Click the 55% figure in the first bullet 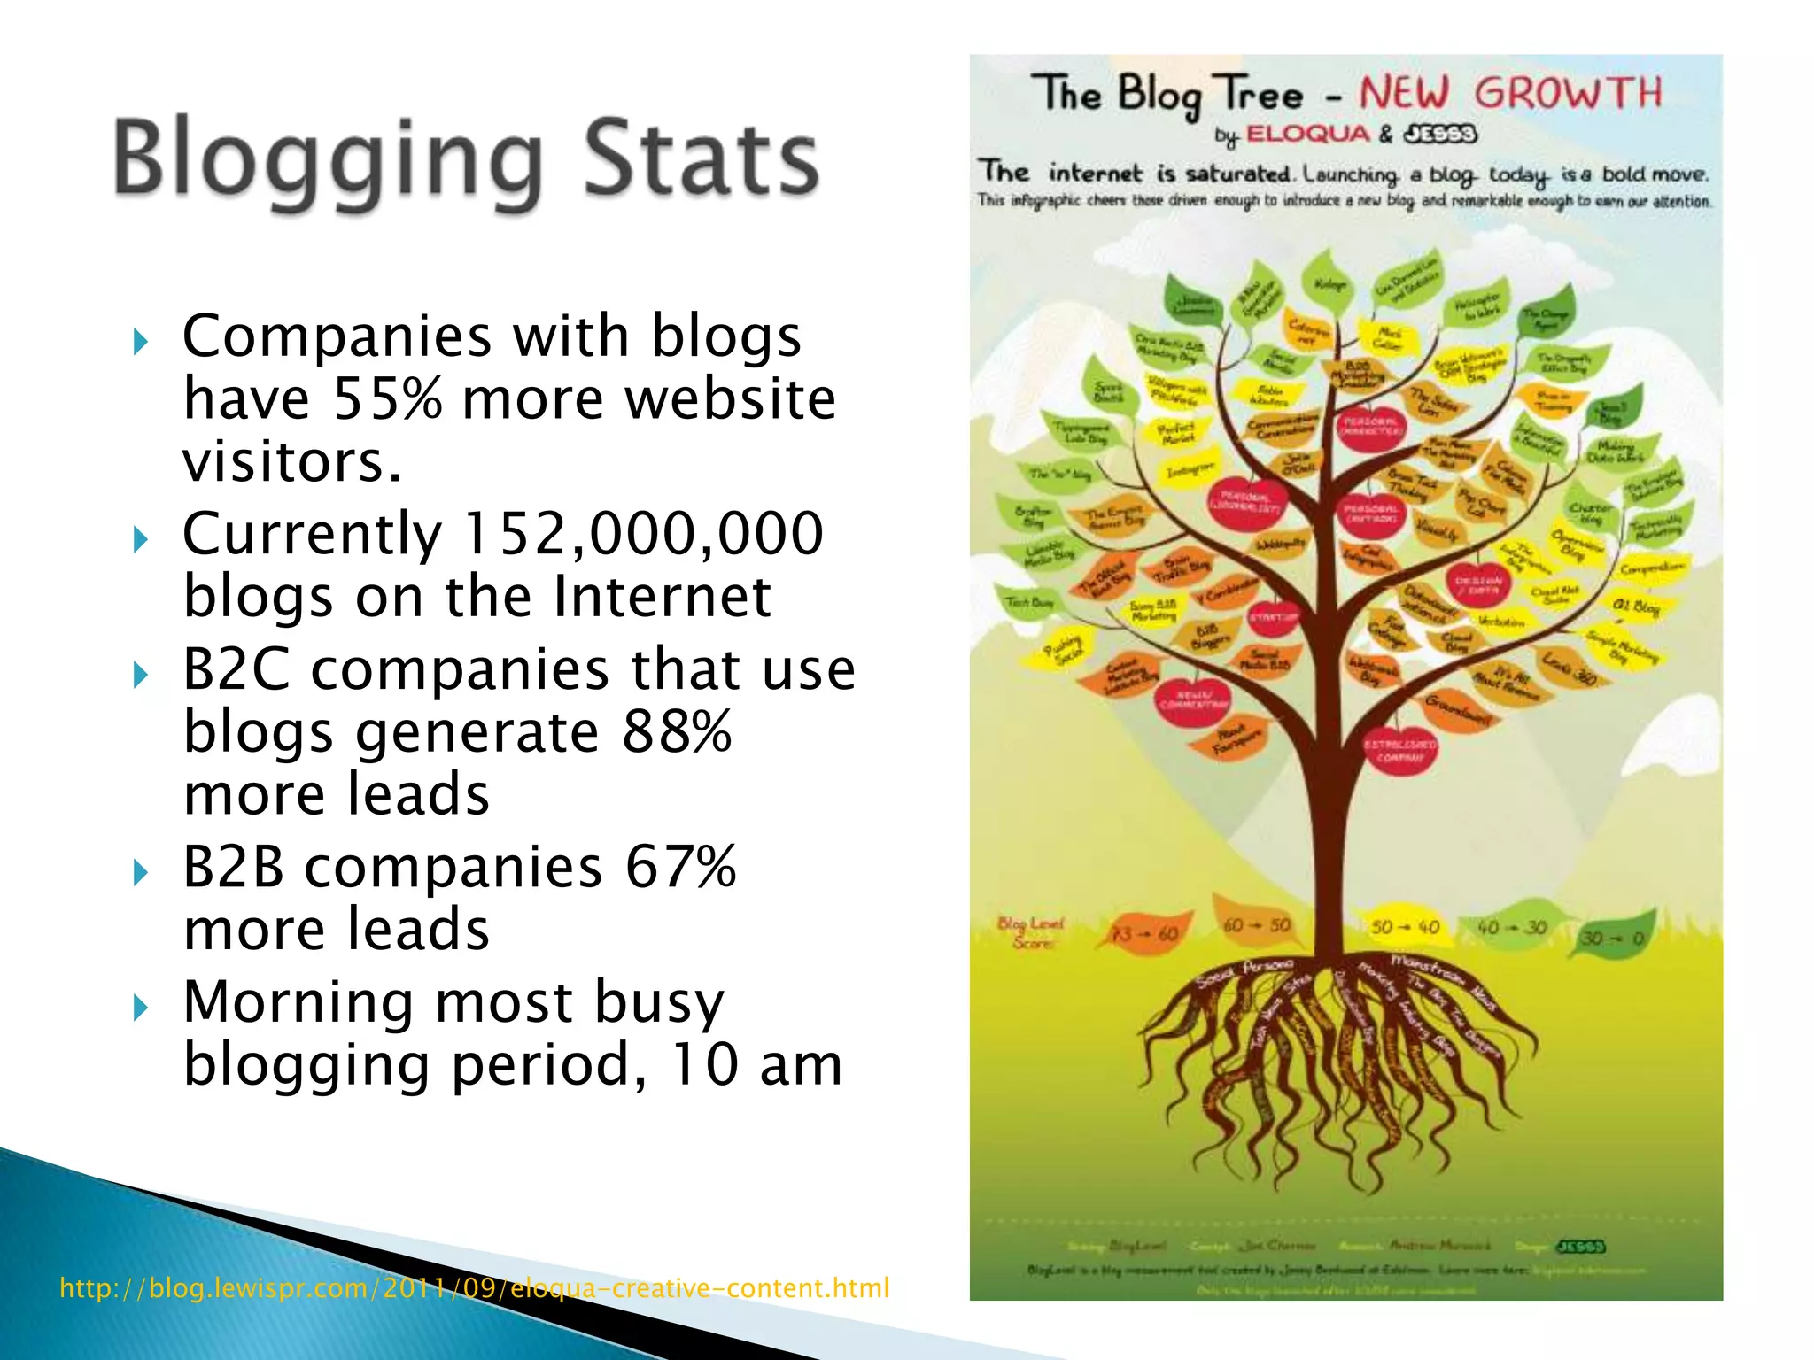tap(386, 398)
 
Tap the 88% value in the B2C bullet tap(677, 731)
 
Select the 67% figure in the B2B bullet tap(680, 867)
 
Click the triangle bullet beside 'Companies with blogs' tap(140, 341)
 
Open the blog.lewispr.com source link tap(474, 1287)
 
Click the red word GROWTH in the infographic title tap(1568, 93)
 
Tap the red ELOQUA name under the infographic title tap(1308, 135)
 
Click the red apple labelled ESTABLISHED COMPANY tap(1399, 751)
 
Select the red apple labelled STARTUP tap(1274, 617)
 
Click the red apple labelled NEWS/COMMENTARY tap(1193, 699)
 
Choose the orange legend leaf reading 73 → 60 tap(1144, 934)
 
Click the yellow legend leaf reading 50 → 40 tap(1405, 927)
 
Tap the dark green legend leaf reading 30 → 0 tap(1612, 939)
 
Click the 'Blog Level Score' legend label tap(1029, 932)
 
